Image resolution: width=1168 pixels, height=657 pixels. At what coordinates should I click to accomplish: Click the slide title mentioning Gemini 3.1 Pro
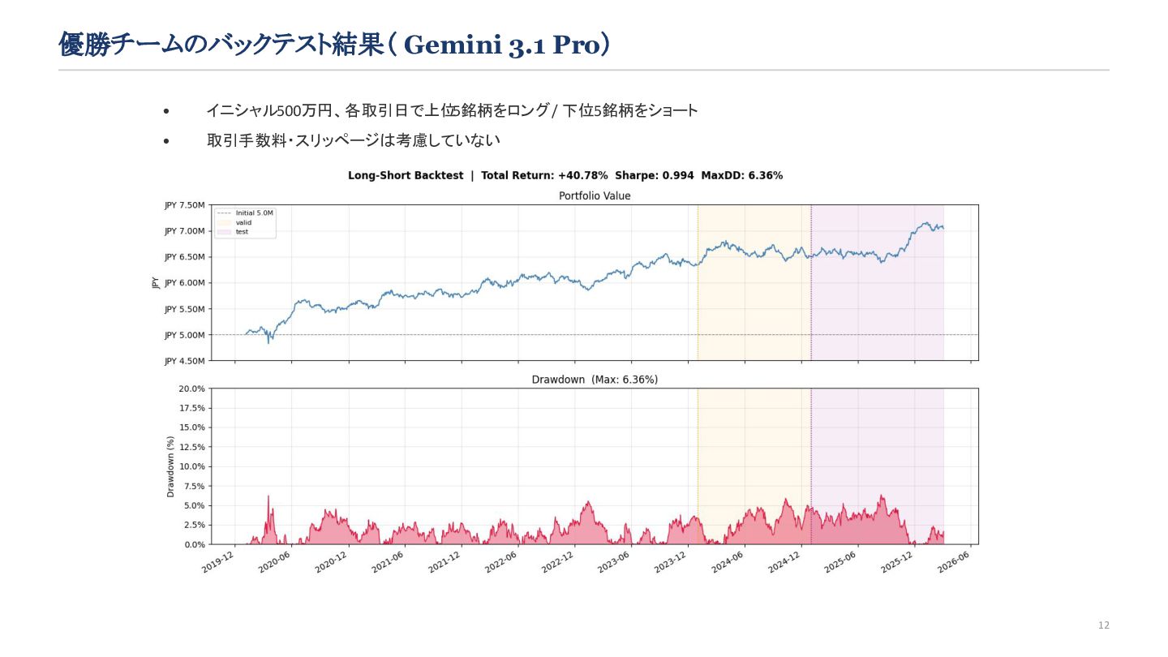tap(334, 45)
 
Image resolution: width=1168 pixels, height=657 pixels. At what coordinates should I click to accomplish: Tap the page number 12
tap(1103, 625)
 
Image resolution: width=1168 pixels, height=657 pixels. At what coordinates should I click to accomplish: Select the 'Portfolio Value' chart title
tap(595, 195)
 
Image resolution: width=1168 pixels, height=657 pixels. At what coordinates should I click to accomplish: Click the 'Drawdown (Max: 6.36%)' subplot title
tap(595, 380)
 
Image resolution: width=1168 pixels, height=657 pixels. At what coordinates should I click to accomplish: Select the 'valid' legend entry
tap(243, 222)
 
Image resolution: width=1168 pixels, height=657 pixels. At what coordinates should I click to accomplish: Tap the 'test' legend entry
tap(242, 232)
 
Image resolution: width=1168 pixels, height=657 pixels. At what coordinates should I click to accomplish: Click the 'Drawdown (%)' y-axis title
tap(170, 466)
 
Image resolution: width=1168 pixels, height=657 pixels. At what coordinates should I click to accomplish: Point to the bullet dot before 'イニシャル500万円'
tap(166, 111)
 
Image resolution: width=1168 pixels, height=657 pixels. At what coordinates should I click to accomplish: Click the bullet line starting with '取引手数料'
tap(353, 140)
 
